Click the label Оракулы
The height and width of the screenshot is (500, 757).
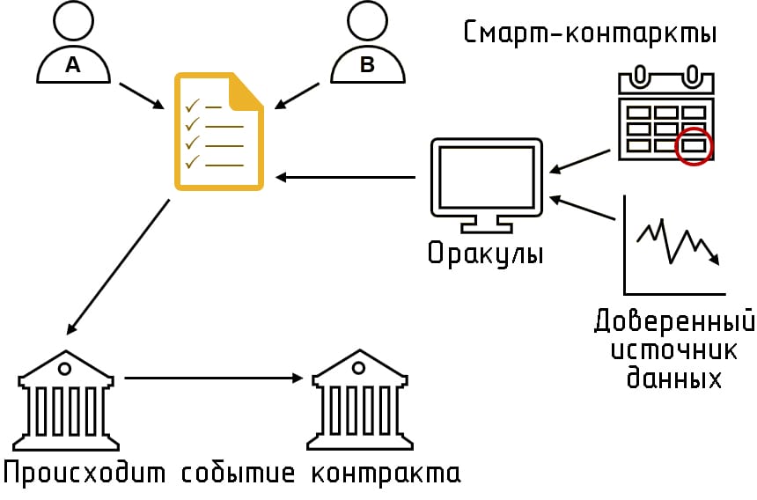click(485, 254)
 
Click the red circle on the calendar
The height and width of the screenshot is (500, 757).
click(693, 145)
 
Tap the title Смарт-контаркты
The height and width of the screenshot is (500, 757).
click(589, 33)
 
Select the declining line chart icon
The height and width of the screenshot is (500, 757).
click(674, 246)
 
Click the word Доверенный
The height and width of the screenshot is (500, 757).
click(674, 320)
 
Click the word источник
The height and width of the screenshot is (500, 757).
click(674, 349)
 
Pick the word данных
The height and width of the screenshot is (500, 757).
click(674, 379)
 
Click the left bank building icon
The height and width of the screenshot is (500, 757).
click(67, 396)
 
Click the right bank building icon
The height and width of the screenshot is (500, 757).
click(359, 396)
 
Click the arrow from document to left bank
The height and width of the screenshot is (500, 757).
click(119, 266)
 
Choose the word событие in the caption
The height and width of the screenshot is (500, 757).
click(239, 473)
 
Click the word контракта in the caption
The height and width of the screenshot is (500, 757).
click(385, 473)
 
